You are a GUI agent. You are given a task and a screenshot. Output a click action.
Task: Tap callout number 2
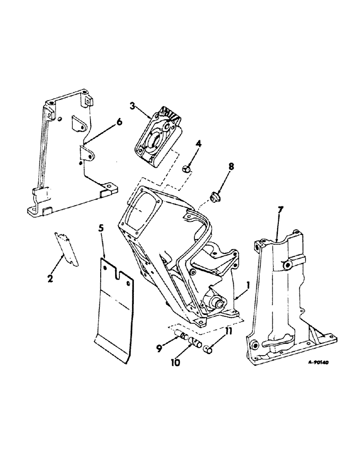tap(51, 279)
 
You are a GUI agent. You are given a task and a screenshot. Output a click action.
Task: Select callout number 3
tap(133, 107)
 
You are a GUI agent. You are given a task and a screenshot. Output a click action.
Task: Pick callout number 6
tap(119, 122)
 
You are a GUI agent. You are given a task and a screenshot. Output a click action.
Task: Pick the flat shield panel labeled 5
tap(117, 312)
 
